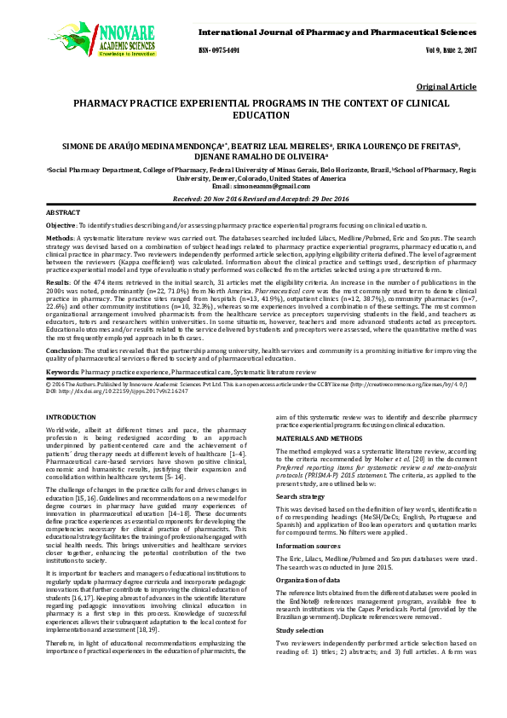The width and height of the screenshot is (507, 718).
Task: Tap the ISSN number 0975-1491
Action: click(219, 50)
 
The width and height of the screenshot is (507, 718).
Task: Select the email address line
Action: click(253, 186)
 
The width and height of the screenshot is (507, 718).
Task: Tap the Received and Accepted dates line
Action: click(253, 198)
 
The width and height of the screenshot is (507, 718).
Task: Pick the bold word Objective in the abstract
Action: click(62, 223)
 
